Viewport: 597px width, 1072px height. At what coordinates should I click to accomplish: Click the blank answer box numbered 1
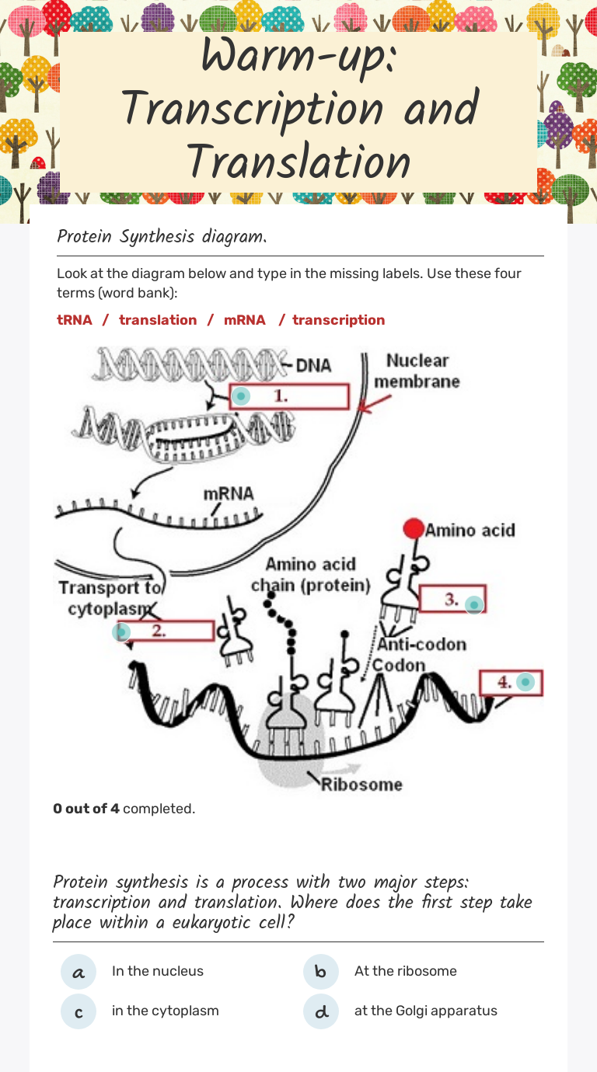[x=289, y=396]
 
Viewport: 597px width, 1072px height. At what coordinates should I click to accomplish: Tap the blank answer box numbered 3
[x=452, y=599]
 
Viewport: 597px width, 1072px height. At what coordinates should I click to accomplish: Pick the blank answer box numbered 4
[x=510, y=683]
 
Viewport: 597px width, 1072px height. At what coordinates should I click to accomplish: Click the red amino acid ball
[x=414, y=529]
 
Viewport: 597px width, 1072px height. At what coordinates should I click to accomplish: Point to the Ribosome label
[x=362, y=784]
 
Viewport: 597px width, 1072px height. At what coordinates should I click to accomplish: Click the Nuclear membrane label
[x=417, y=371]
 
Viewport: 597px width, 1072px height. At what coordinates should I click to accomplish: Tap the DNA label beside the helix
[x=314, y=365]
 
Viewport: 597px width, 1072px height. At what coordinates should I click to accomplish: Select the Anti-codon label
[x=422, y=644]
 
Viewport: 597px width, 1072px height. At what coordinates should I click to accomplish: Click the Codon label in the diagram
[x=400, y=665]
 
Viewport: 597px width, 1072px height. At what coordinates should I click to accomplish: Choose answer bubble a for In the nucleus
[x=79, y=972]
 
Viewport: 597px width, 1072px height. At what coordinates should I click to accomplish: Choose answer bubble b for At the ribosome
[x=321, y=972]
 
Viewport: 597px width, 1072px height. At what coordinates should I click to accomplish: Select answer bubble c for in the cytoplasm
[x=79, y=1011]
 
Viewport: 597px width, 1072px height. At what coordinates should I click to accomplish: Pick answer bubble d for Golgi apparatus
[x=321, y=1011]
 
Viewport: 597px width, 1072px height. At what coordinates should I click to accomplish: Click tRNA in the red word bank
[x=75, y=320]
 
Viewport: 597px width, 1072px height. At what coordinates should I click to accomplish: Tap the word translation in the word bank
[x=158, y=320]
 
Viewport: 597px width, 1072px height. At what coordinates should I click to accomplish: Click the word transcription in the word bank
[x=338, y=320]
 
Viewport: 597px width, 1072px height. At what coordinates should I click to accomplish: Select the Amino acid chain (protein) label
[x=311, y=574]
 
